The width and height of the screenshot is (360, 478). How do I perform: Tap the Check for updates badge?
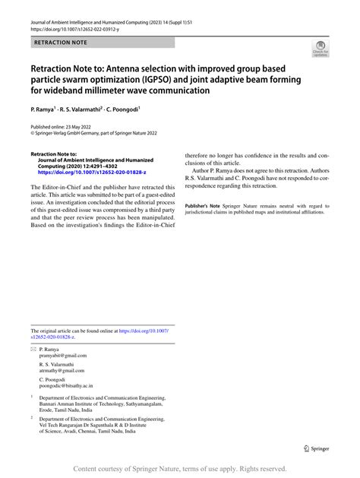click(320, 51)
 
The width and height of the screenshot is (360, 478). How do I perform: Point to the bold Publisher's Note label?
click(206, 206)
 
